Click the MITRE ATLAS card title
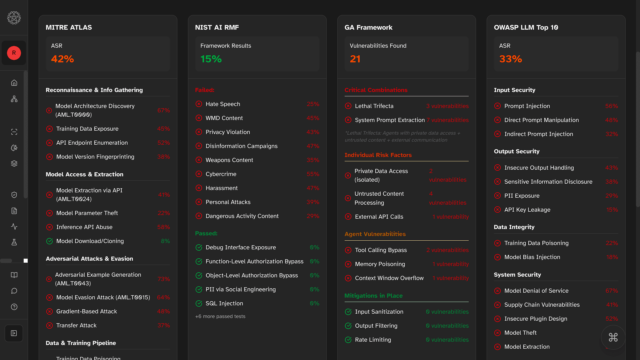pyautogui.click(x=69, y=27)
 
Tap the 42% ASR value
pyautogui.click(x=62, y=59)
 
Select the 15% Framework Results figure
pyautogui.click(x=211, y=59)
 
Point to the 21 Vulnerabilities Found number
pyautogui.click(x=355, y=59)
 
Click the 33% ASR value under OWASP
pyautogui.click(x=510, y=59)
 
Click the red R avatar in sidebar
pyautogui.click(x=14, y=53)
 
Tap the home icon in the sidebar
pyautogui.click(x=14, y=83)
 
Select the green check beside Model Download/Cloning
pyautogui.click(x=49, y=241)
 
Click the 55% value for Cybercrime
pyautogui.click(x=313, y=174)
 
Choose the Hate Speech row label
pyautogui.click(x=223, y=104)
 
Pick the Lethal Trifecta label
pyautogui.click(x=374, y=106)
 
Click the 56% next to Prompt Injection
pyautogui.click(x=611, y=106)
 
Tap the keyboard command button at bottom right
pyautogui.click(x=613, y=337)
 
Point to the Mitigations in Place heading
pyautogui.click(x=373, y=296)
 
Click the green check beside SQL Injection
pyautogui.click(x=199, y=303)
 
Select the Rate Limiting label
pyautogui.click(x=373, y=340)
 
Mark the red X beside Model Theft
pyautogui.click(x=497, y=333)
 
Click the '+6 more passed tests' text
pyautogui.click(x=220, y=316)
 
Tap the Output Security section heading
pyautogui.click(x=516, y=151)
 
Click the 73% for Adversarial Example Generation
pyautogui.click(x=163, y=279)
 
